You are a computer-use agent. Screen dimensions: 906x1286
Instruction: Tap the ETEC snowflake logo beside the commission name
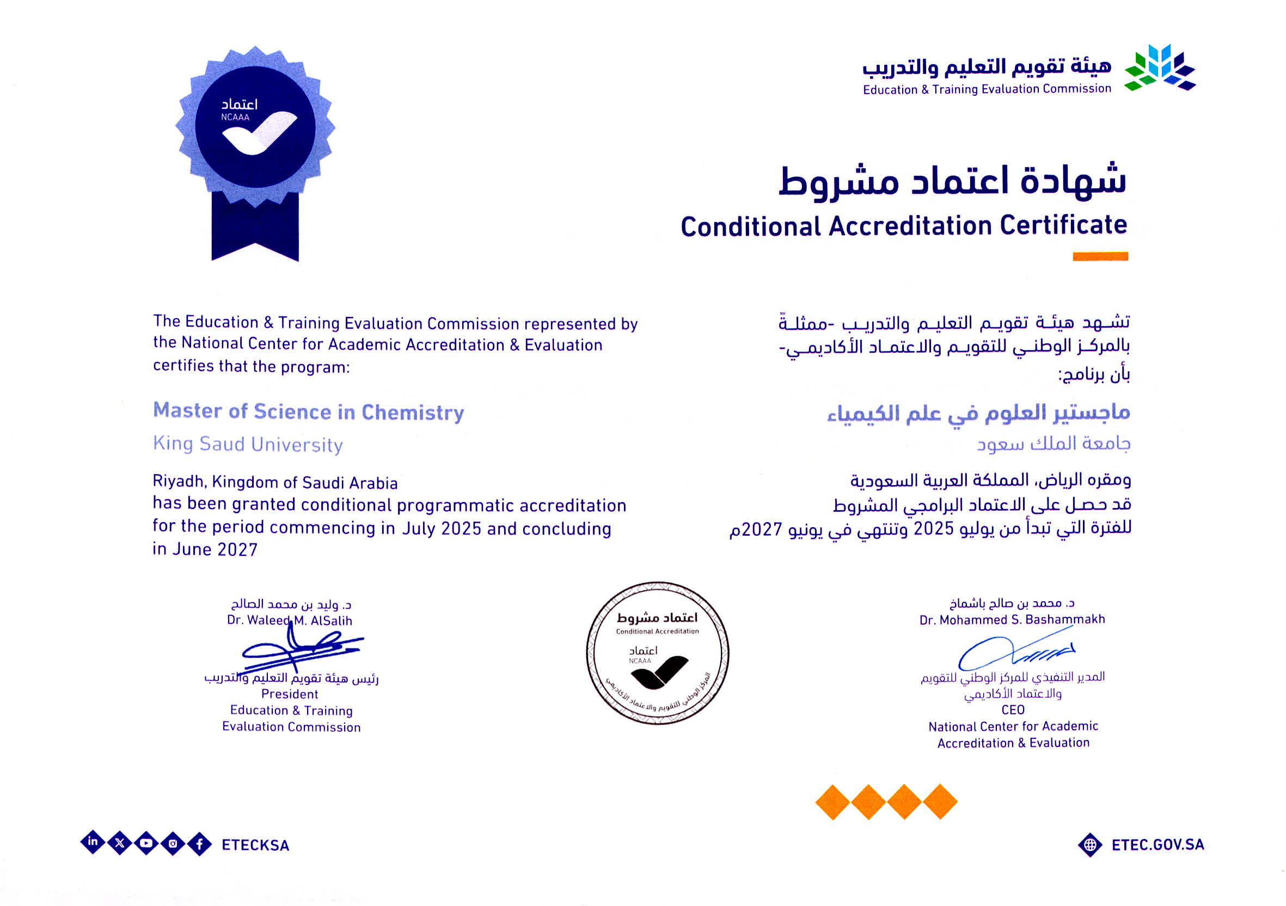(1160, 68)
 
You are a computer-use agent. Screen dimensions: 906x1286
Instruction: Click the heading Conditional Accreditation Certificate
(903, 225)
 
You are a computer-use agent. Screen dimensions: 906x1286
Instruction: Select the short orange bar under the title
(1100, 256)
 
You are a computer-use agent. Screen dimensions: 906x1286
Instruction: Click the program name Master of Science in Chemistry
(309, 412)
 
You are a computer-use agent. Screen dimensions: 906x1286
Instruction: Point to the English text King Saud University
(248, 445)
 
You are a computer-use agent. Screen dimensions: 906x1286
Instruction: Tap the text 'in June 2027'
(205, 549)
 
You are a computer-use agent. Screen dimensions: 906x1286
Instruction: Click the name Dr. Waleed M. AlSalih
(290, 621)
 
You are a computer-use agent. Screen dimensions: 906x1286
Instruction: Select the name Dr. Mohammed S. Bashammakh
(1012, 619)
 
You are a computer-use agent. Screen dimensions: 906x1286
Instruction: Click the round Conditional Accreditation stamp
(658, 653)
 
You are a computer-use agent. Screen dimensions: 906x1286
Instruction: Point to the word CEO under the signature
(1013, 709)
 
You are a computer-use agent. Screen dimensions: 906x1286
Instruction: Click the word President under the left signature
(290, 694)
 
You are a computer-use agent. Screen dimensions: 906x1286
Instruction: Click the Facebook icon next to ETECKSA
(199, 844)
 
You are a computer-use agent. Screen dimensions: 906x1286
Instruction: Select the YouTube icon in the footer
(146, 843)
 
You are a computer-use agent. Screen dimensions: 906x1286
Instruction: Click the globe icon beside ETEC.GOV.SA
(1090, 845)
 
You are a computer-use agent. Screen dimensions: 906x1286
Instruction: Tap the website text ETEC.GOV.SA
(1158, 844)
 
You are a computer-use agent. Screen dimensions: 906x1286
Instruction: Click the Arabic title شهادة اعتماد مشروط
(952, 181)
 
